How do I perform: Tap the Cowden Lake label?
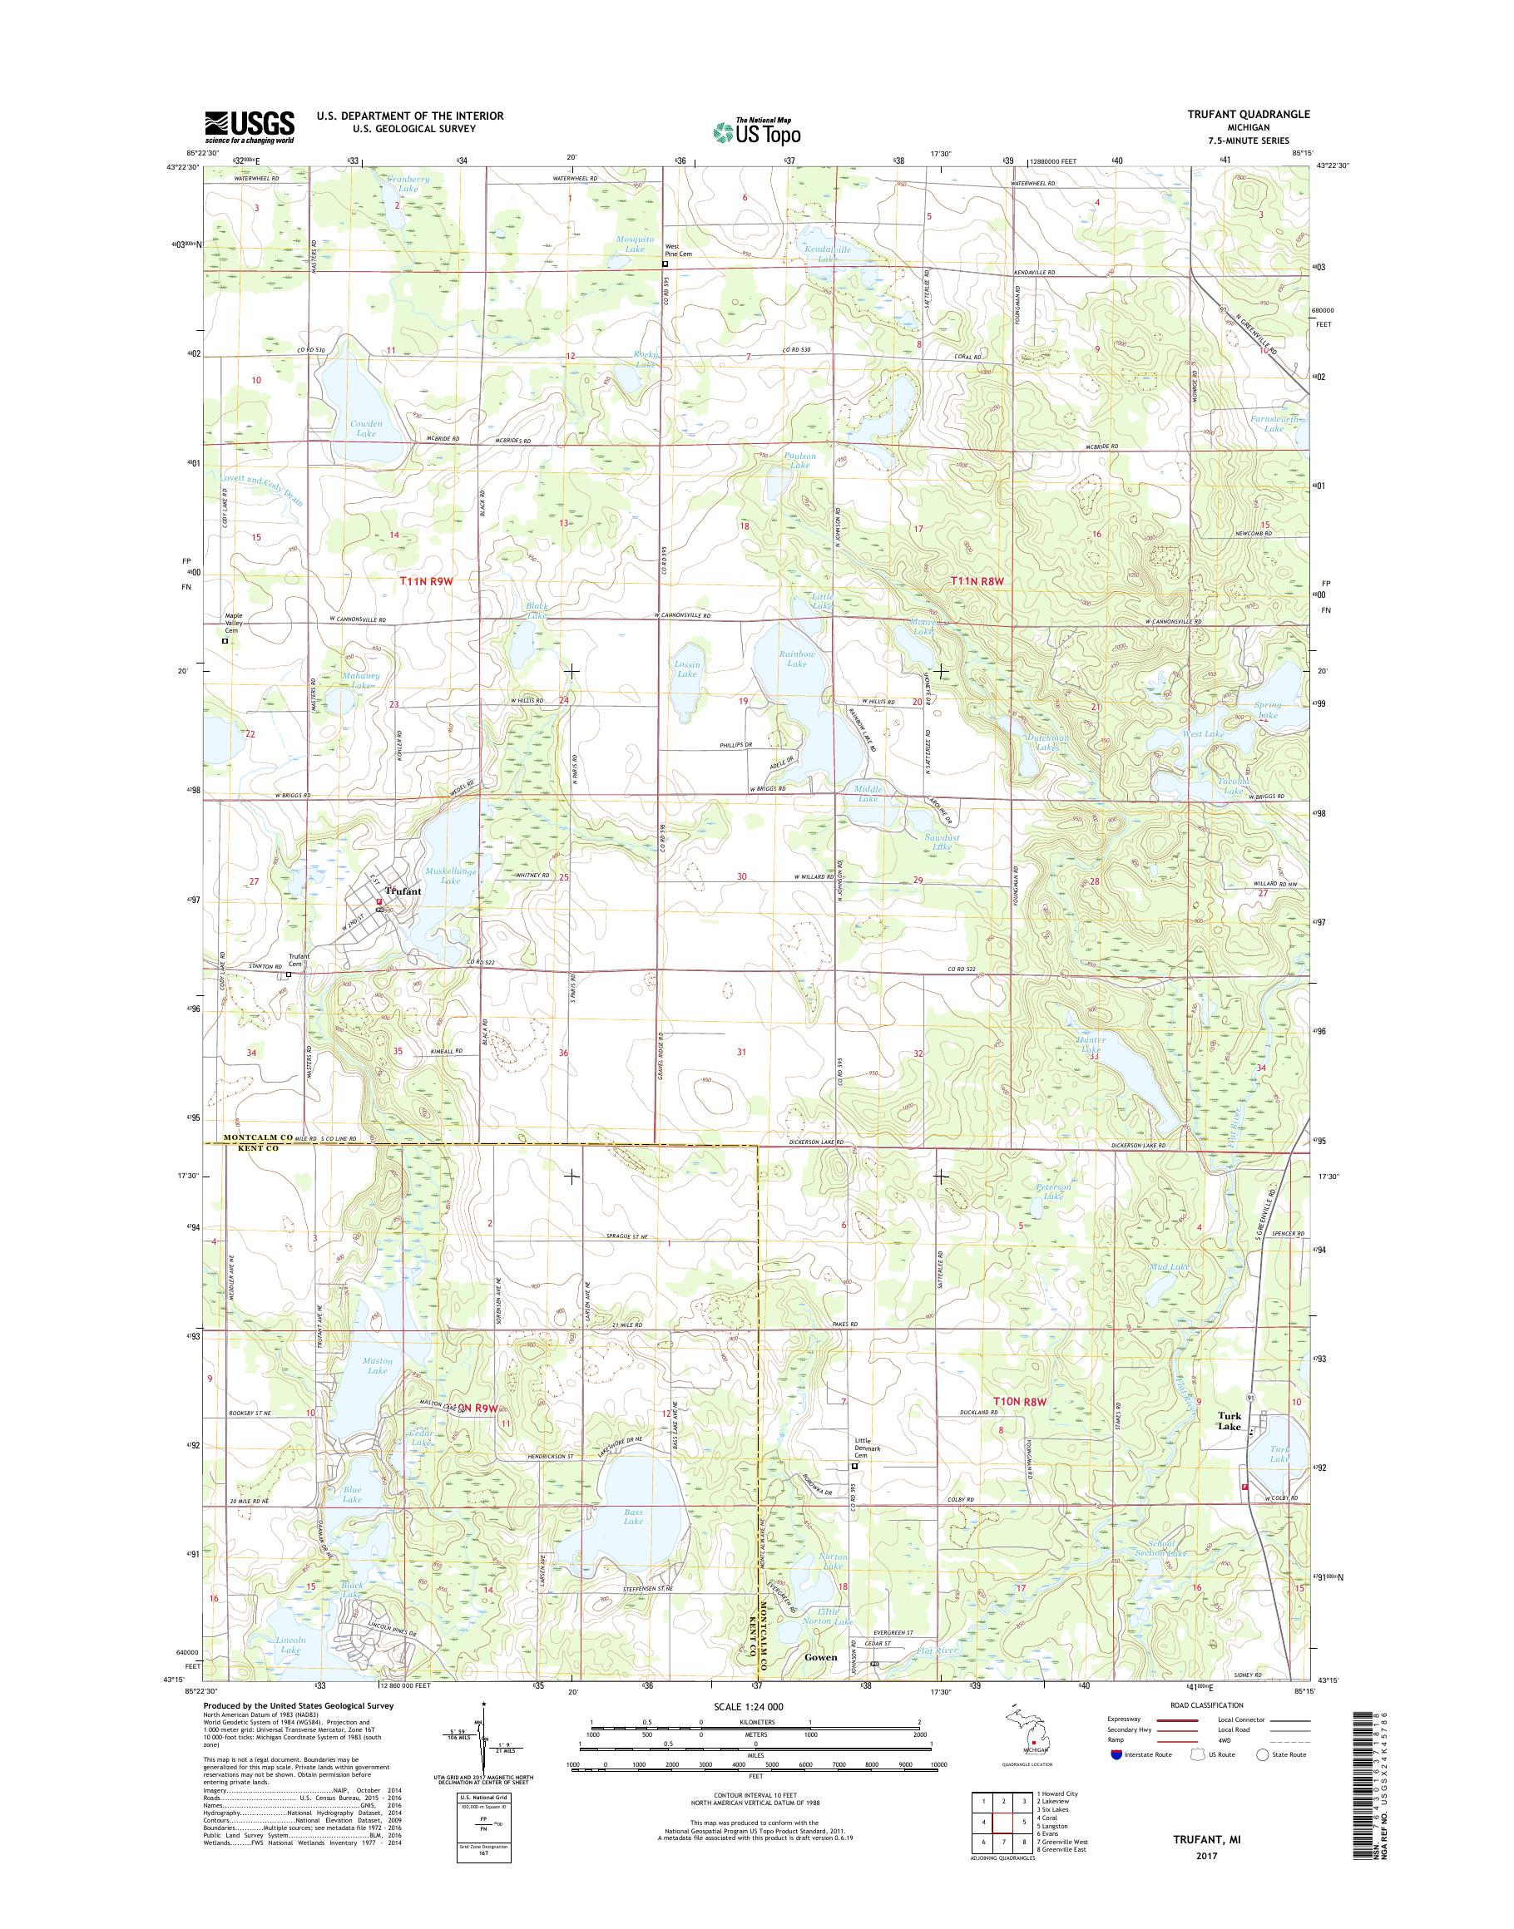(x=365, y=429)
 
